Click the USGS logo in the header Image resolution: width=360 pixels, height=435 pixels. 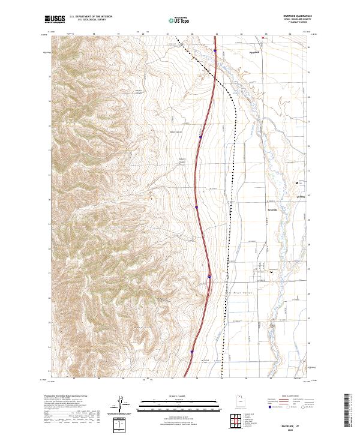55,19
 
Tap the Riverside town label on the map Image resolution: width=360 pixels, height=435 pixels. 273,210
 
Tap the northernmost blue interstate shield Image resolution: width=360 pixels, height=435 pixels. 215,51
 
